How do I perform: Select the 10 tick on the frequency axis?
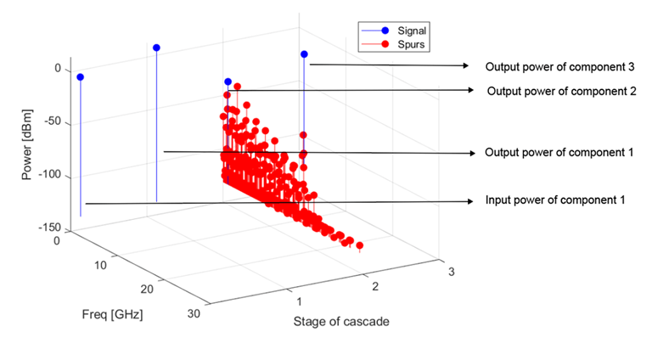pos(99,266)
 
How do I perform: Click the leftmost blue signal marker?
pos(80,77)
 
